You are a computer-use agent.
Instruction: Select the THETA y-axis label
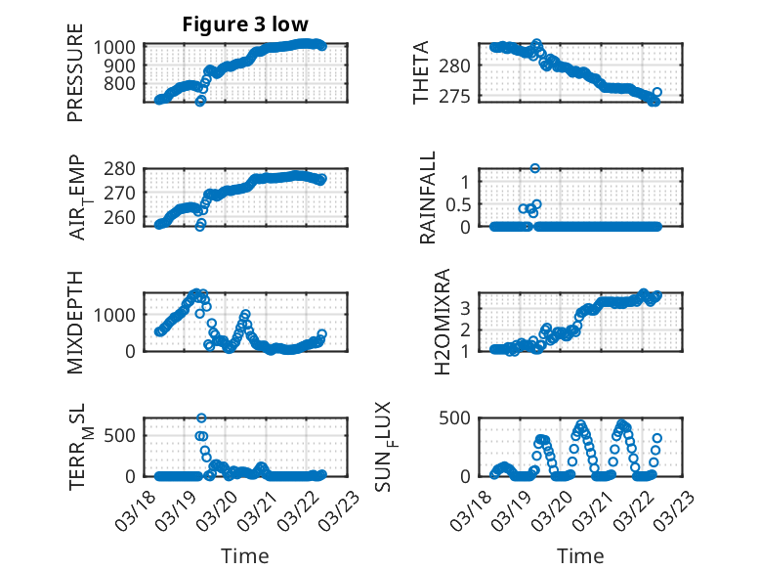[x=421, y=73]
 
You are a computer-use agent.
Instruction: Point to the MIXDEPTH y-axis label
[x=75, y=322]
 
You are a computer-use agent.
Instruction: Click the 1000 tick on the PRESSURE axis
[x=117, y=47]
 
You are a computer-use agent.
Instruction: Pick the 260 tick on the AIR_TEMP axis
[x=123, y=217]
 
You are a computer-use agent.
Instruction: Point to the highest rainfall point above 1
[x=535, y=168]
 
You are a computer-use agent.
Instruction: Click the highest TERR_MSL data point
[x=201, y=418]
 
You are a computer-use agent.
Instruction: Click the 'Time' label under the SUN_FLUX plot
[x=580, y=555]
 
